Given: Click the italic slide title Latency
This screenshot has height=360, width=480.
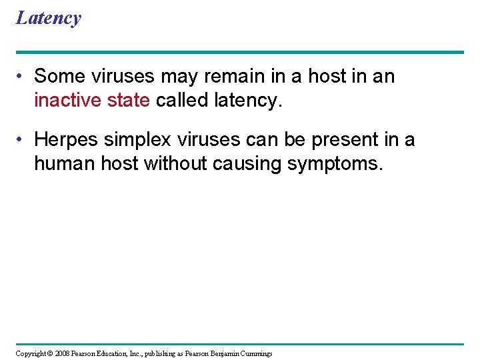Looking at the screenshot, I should [48, 18].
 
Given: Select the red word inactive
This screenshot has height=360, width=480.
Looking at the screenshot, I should [66, 100].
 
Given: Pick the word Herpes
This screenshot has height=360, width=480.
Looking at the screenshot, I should [66, 140].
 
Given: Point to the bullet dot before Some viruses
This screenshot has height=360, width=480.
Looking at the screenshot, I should [22, 77].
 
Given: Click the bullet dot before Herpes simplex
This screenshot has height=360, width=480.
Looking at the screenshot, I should [22, 141].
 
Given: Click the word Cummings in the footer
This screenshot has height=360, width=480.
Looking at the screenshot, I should [255, 353].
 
